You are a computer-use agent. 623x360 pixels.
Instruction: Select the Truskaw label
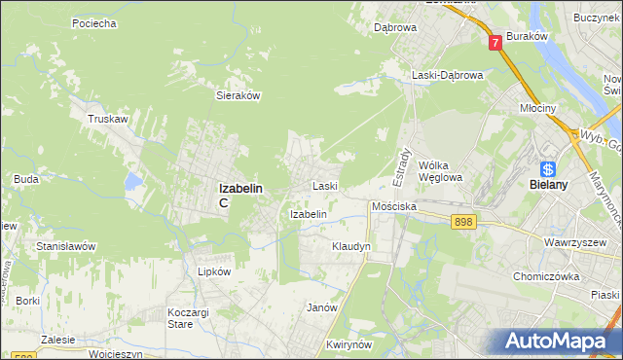pos(108,119)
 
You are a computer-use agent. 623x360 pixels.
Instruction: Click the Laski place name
pos(324,185)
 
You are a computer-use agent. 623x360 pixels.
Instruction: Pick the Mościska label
pos(394,207)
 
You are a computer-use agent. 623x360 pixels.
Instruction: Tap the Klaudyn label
pos(350,247)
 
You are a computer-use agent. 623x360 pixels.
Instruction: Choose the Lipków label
pos(214,271)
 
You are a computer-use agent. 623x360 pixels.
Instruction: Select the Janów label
pos(321,307)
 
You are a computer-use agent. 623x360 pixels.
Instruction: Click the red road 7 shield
pos(495,42)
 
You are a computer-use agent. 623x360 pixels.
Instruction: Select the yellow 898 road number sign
pos(463,223)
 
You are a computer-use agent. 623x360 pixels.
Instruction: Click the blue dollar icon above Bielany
pos(548,165)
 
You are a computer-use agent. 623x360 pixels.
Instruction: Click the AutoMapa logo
pos(557,341)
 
